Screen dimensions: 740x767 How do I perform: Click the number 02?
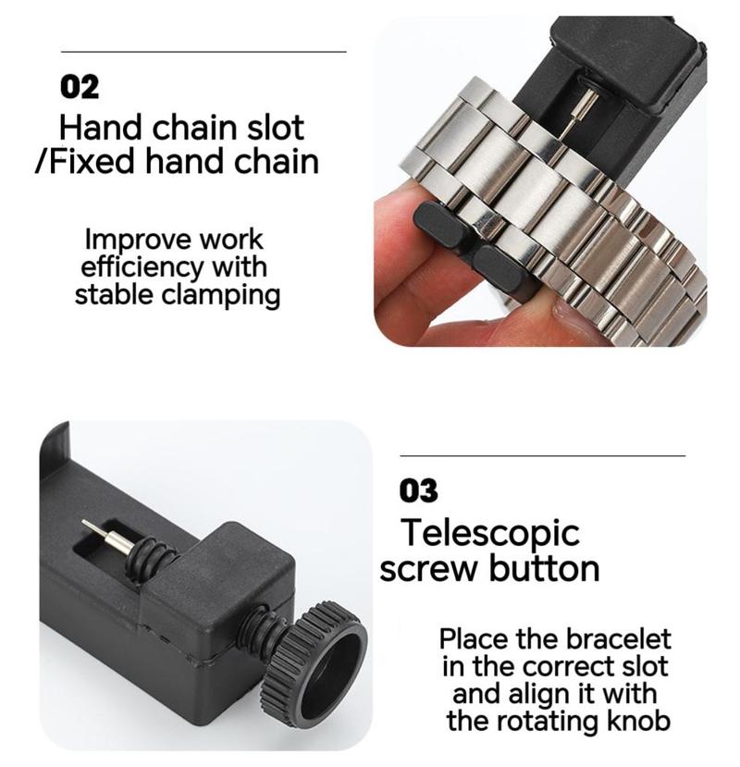[80, 87]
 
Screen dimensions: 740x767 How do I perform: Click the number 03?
[418, 490]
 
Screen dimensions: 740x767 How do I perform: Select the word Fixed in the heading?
[92, 162]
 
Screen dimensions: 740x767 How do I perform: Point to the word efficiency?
[142, 267]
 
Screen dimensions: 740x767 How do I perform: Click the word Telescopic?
[490, 533]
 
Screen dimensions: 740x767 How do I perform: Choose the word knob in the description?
[638, 721]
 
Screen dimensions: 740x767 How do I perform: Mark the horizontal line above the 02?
[203, 51]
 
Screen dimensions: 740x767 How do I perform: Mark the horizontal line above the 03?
[542, 455]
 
